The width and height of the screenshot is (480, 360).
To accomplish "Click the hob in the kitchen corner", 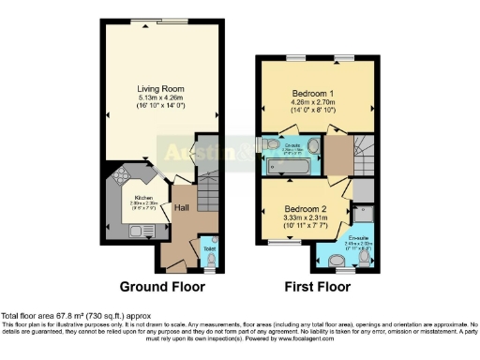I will coord(122,174).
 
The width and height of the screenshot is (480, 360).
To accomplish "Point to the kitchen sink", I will coord(112,226).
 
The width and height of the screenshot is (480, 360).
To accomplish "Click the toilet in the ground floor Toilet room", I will coord(212,255).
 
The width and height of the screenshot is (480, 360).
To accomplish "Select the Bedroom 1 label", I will coord(308,97).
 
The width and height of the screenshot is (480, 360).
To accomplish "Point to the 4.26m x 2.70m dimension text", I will coord(308,105).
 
